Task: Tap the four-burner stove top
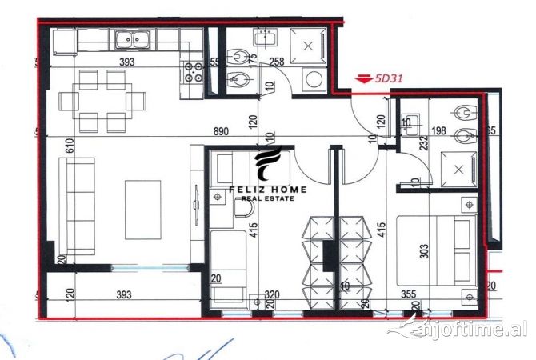tap(191, 73)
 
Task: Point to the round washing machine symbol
tap(315, 78)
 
